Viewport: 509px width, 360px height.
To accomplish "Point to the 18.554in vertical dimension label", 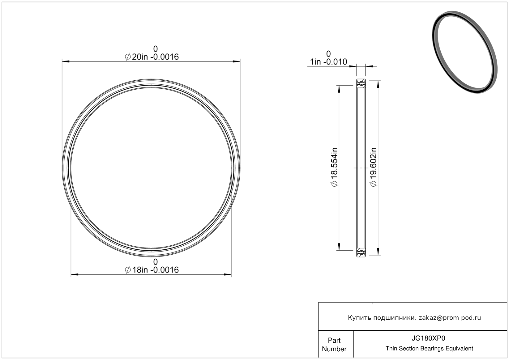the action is click(x=334, y=167).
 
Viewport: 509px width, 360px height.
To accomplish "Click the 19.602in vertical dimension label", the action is click(x=373, y=167).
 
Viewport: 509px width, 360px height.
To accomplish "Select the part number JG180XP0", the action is click(x=428, y=338).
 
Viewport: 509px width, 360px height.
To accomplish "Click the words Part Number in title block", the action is click(x=334, y=345).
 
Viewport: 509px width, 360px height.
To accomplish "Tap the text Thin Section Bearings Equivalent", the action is click(x=429, y=349).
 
